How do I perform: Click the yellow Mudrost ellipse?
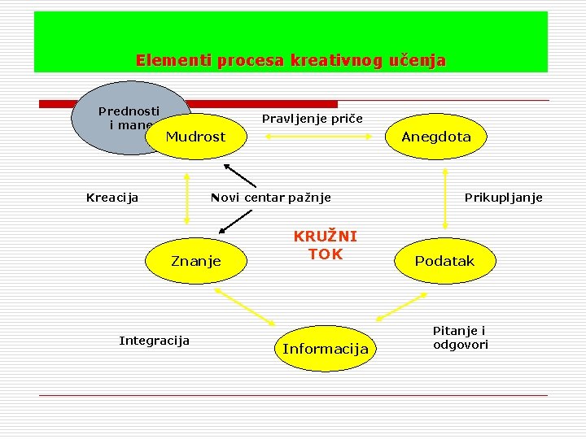pyautogui.click(x=195, y=137)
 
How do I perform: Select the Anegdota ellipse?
pyautogui.click(x=436, y=137)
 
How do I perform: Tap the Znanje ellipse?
pyautogui.click(x=196, y=261)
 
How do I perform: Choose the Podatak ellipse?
pyautogui.click(x=444, y=261)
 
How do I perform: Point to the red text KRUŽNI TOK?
pyautogui.click(x=325, y=245)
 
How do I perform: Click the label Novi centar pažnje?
pyautogui.click(x=271, y=197)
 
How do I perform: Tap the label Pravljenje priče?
pyautogui.click(x=313, y=119)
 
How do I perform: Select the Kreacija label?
pyautogui.click(x=112, y=197)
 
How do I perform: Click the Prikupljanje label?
pyautogui.click(x=503, y=197)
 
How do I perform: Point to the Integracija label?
pyautogui.click(x=154, y=340)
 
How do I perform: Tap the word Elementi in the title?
pyautogui.click(x=163, y=60)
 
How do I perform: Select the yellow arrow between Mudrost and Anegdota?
pyautogui.click(x=313, y=137)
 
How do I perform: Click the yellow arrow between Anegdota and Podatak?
pyautogui.click(x=446, y=198)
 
